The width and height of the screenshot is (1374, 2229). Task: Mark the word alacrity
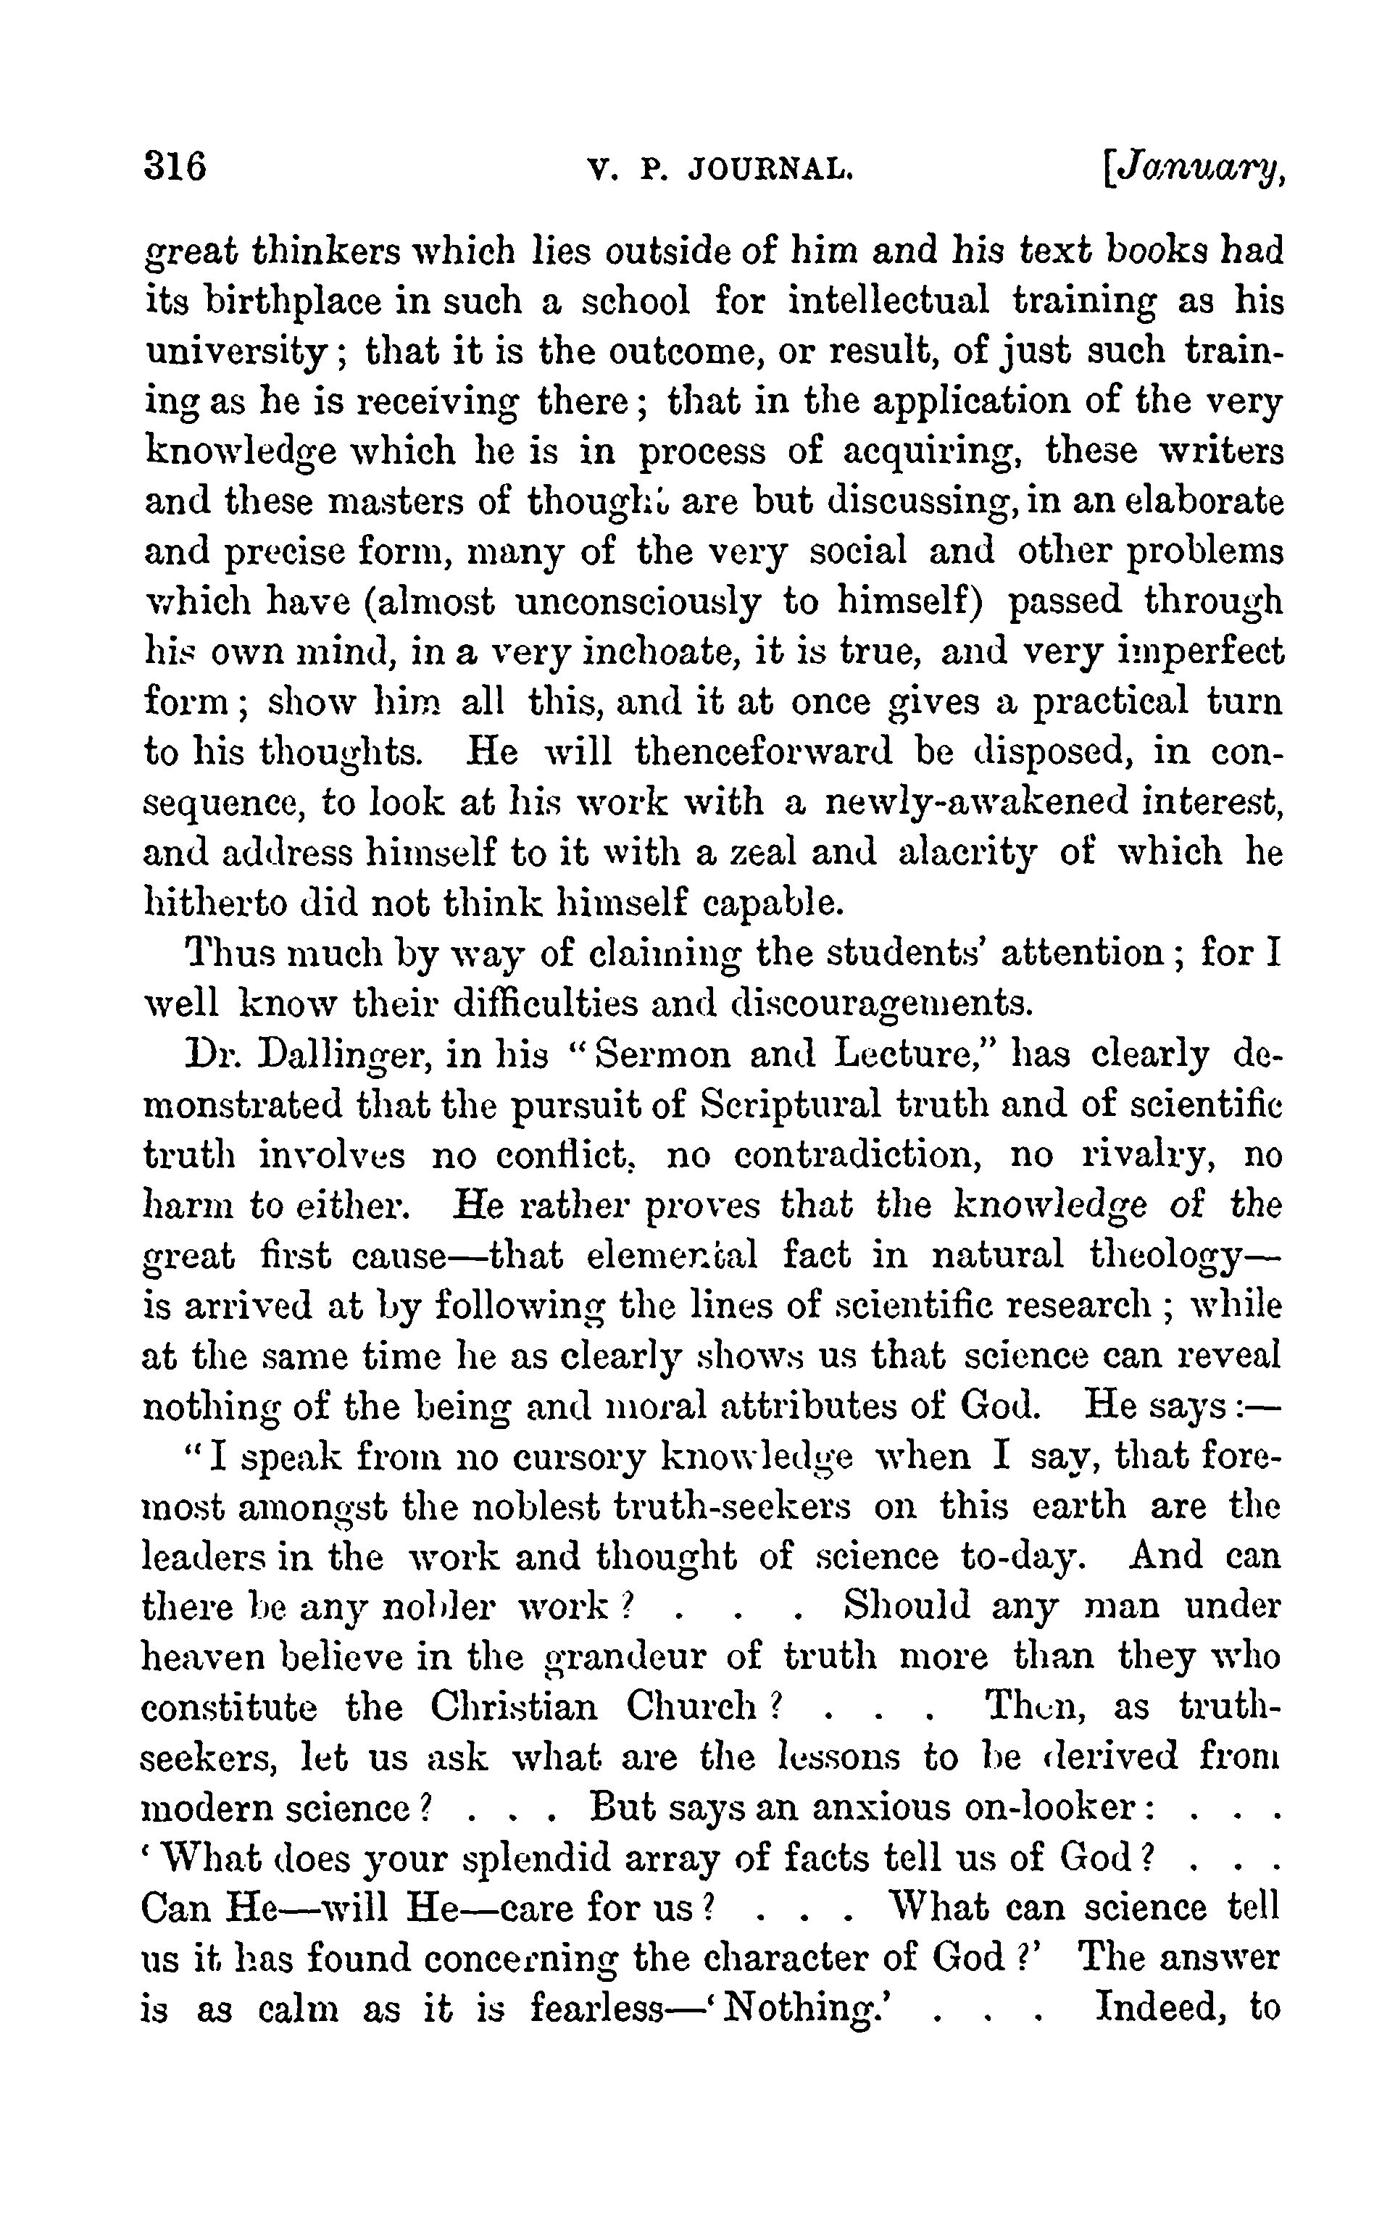pyautogui.click(x=966, y=853)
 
